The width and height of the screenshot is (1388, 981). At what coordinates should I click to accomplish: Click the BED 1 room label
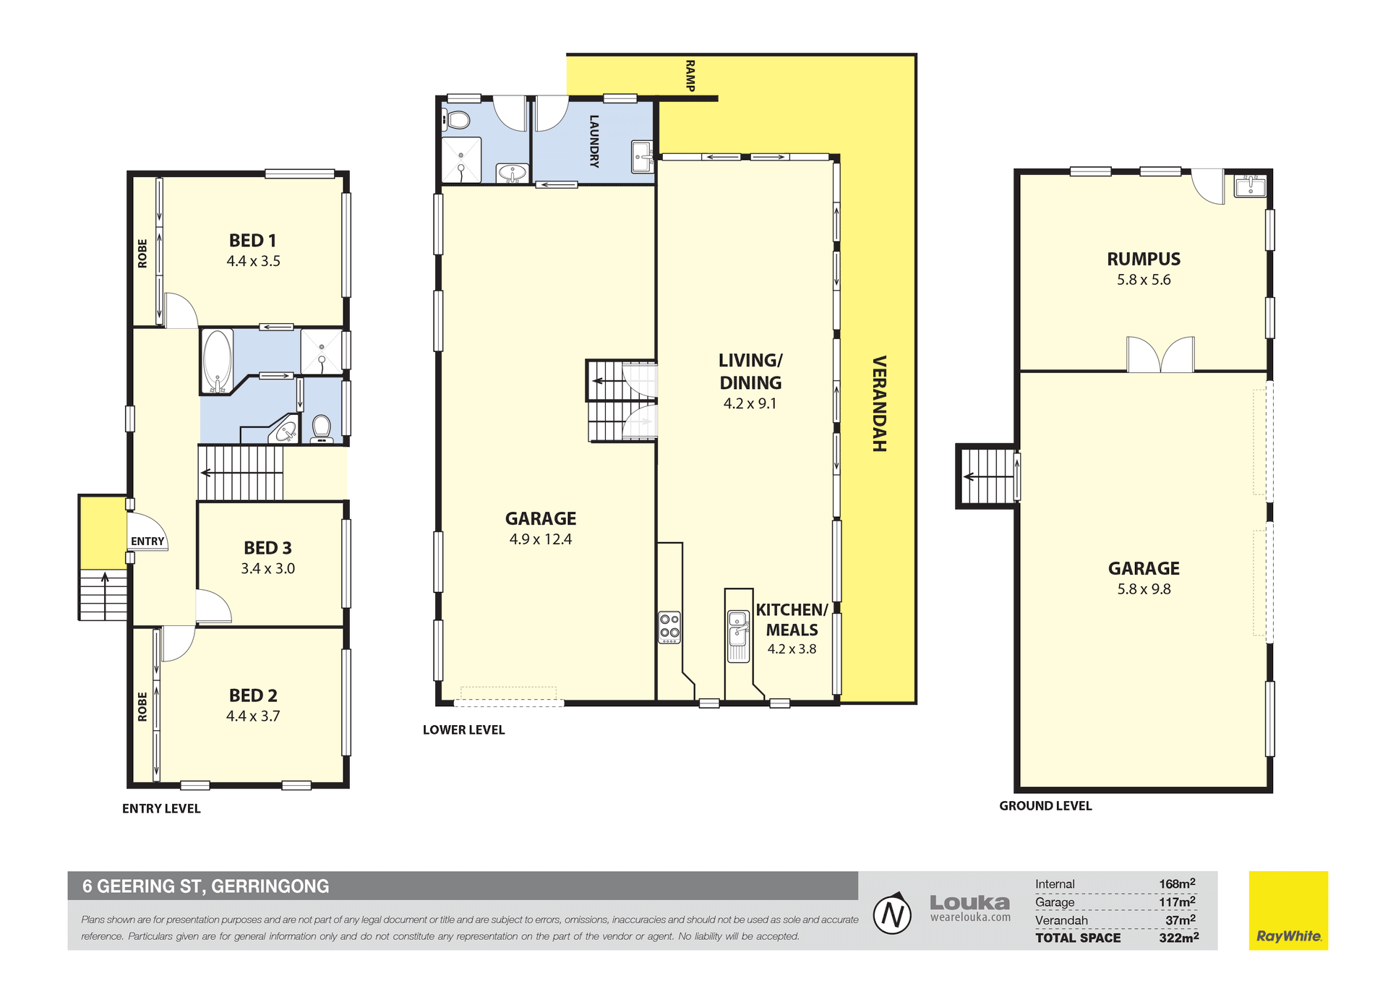(x=252, y=240)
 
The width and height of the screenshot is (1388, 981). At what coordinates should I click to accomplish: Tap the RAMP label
(x=690, y=76)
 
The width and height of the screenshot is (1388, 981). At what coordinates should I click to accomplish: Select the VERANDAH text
(x=879, y=403)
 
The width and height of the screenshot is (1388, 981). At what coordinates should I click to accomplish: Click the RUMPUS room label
(x=1144, y=259)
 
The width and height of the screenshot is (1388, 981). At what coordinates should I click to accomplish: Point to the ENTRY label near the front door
(x=147, y=541)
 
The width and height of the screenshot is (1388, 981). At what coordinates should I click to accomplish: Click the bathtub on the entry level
(x=217, y=361)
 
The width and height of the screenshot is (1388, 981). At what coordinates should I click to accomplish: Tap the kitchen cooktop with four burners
(x=669, y=627)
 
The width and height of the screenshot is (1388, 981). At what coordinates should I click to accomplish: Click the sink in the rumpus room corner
(x=1250, y=187)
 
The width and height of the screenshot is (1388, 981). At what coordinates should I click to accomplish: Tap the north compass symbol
(x=892, y=914)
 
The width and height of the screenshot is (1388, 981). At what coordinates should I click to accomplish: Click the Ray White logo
(x=1288, y=910)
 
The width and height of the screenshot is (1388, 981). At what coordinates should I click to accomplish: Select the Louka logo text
(x=969, y=902)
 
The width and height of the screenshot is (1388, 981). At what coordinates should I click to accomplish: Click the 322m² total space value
(x=1178, y=937)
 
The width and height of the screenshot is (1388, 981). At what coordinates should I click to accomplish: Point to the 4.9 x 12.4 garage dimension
(x=541, y=539)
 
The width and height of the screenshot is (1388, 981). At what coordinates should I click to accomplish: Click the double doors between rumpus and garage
(x=1160, y=354)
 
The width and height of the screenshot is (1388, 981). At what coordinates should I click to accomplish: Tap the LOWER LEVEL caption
(x=464, y=730)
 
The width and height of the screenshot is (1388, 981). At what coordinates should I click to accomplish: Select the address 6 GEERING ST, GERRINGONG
(x=205, y=886)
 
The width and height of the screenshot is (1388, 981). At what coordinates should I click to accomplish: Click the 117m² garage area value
(x=1177, y=901)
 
